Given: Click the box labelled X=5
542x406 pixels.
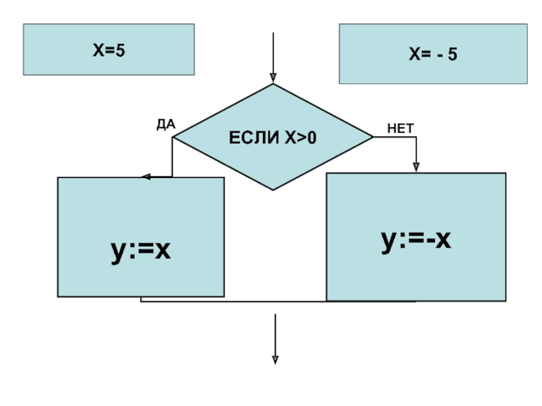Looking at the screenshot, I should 108,49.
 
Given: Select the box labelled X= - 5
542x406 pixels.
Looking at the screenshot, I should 433,54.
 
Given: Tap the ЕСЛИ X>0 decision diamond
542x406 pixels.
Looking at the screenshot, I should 273,137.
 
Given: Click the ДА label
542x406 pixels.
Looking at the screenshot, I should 166,124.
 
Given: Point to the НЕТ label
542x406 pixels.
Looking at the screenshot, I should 400,128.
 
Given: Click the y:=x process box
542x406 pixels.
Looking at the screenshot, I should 140,237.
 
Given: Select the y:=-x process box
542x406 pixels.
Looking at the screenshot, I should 416,237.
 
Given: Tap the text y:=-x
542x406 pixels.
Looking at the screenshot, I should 416,240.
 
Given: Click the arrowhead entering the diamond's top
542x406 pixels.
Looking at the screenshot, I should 273,78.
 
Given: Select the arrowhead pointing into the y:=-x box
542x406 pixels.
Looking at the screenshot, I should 416,167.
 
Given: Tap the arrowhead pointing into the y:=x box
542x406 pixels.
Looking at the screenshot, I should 145,177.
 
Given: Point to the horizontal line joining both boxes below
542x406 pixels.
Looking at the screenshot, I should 278,301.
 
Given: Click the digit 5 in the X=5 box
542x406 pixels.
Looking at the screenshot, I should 121,50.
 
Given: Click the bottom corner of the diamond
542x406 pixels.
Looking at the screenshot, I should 273,189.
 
